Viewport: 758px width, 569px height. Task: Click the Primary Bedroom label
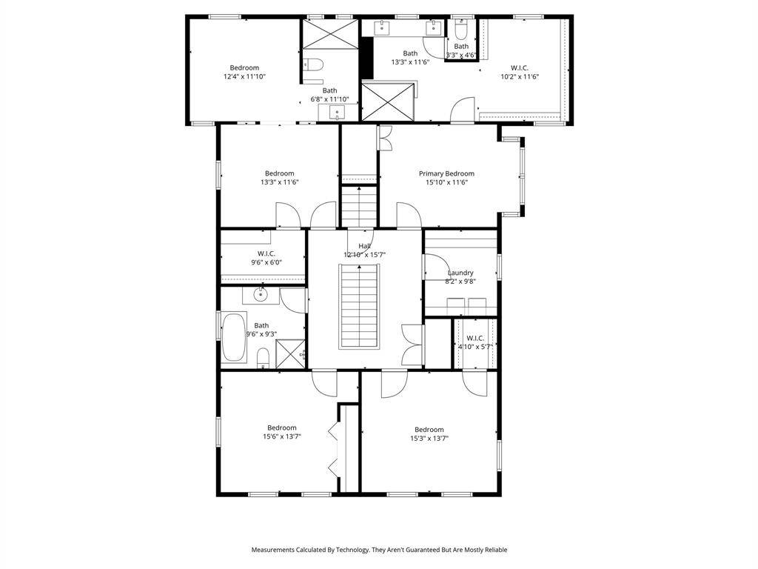coord(446,173)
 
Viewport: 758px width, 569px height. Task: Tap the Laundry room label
coord(460,273)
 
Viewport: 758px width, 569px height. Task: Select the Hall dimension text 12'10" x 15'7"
coord(364,255)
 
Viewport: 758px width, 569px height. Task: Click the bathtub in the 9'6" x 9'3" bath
coord(234,338)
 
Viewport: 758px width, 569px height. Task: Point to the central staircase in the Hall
coord(359,306)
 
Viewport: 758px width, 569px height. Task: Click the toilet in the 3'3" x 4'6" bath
coord(461,31)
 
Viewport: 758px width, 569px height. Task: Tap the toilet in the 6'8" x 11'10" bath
coord(313,65)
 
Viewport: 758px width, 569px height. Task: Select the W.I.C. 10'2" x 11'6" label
coord(519,72)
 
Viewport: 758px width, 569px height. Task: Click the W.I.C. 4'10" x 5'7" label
coord(474,342)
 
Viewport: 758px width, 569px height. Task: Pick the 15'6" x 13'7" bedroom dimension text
coord(282,436)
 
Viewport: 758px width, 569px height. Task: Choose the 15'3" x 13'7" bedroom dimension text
coord(429,439)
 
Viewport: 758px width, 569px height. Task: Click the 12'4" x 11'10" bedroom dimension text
coord(244,76)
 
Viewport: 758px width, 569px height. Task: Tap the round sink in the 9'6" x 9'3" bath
coord(261,294)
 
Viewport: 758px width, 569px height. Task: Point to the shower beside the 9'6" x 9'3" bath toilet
coord(290,354)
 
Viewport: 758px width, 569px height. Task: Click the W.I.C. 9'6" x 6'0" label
coord(266,258)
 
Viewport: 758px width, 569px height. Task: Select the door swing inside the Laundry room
coord(438,267)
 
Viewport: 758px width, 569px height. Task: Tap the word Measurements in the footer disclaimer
coord(272,550)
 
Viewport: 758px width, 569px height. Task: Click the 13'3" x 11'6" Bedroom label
coord(279,178)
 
